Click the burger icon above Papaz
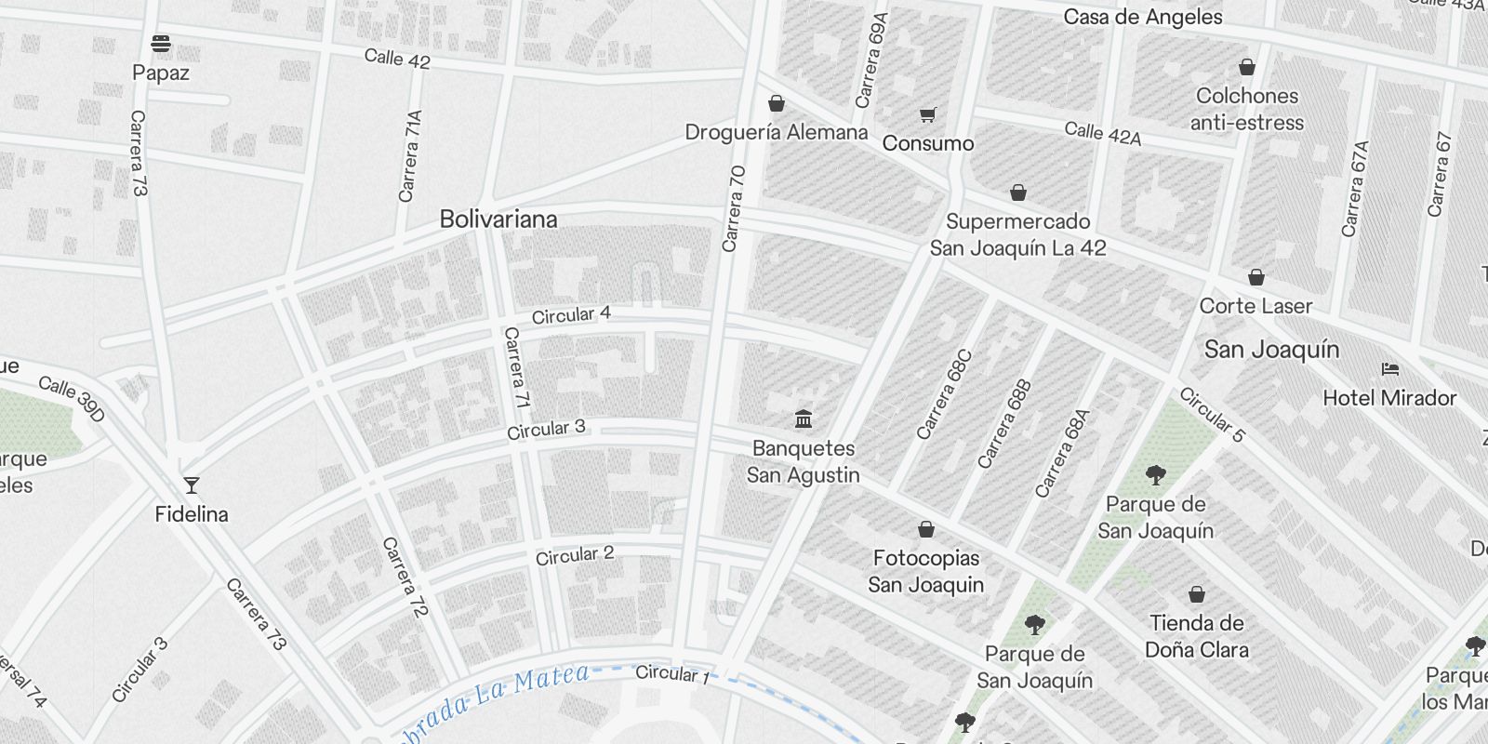click(x=160, y=43)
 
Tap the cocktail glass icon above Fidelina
click(x=191, y=485)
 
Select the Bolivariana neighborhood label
click(x=498, y=219)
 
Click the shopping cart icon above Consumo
click(x=927, y=115)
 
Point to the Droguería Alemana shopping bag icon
click(x=777, y=103)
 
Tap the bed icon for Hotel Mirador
click(x=1390, y=369)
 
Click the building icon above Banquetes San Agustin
click(x=804, y=419)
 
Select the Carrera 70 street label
click(x=733, y=209)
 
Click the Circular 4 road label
click(x=571, y=315)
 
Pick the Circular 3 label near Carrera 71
click(x=546, y=430)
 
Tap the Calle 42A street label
click(x=1102, y=134)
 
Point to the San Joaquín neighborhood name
click(x=1271, y=350)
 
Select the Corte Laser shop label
click(x=1255, y=306)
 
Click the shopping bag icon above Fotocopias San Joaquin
click(x=925, y=530)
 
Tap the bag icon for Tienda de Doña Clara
click(x=1197, y=594)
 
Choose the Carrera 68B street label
click(x=1004, y=423)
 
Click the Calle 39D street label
click(x=72, y=398)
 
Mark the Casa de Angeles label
click(x=1143, y=17)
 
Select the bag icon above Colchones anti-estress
click(x=1247, y=67)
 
